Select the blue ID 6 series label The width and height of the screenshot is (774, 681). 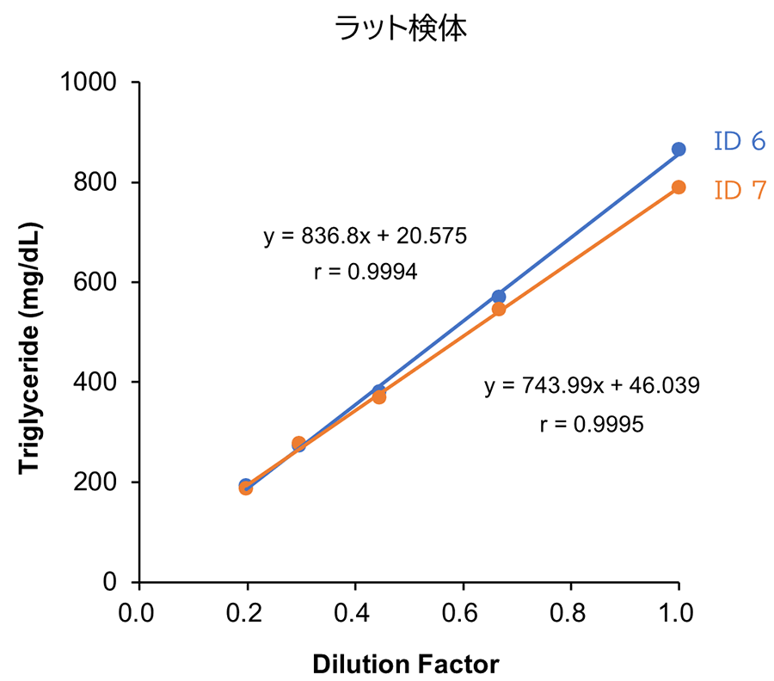pos(739,141)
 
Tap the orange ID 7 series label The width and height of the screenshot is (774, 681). pos(739,190)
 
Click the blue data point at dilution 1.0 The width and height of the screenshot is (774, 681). pos(679,150)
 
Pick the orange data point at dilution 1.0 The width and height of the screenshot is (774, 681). pos(679,187)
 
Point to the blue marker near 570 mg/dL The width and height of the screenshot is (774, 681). pos(499,297)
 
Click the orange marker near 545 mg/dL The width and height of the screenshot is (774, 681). pos(499,310)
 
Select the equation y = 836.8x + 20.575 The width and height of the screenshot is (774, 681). pos(365,236)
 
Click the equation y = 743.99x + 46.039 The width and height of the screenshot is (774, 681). pos(592,386)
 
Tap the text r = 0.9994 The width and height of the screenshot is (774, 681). pos(365,273)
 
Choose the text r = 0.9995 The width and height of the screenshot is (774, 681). pos(592,424)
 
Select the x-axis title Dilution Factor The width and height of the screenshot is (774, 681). pos(405,664)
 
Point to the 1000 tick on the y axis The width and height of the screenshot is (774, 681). pos(94,83)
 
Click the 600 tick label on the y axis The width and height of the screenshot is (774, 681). pos(101,282)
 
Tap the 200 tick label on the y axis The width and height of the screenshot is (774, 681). pos(101,482)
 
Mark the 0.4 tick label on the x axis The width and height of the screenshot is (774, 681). pos(355,614)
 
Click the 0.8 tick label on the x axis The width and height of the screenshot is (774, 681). pos(571,614)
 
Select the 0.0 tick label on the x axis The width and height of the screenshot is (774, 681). pos(138,614)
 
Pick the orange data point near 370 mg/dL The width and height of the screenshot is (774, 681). pos(379,397)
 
